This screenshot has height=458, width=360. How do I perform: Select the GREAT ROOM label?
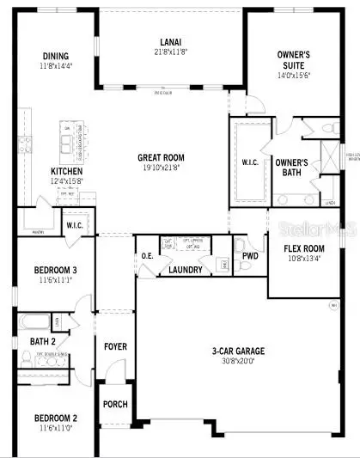pos(162,157)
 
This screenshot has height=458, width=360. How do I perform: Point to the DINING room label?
pos(56,58)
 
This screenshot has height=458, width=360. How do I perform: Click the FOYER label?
pos(115,347)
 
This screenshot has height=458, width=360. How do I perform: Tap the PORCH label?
pos(114,404)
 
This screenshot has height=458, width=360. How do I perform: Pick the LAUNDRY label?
pos(185,270)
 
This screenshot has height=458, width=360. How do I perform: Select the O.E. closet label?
pos(148,255)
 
